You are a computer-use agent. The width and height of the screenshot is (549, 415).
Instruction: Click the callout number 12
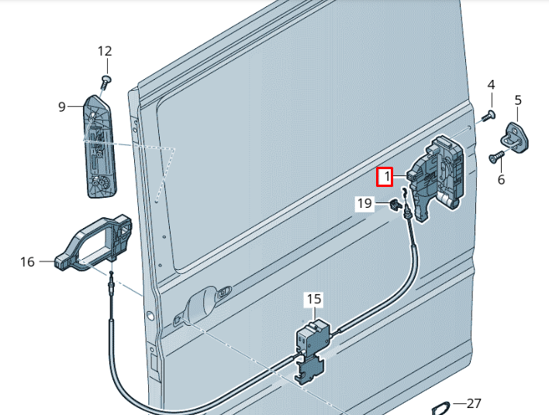pyautogui.click(x=105, y=51)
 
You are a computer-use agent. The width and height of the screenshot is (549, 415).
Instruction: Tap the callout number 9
pyautogui.click(x=63, y=107)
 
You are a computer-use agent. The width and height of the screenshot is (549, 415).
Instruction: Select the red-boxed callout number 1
pyautogui.click(x=386, y=178)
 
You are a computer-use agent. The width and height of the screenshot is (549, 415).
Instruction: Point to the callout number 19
pyautogui.click(x=364, y=203)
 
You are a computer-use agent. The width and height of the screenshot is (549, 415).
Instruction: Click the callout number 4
pyautogui.click(x=491, y=84)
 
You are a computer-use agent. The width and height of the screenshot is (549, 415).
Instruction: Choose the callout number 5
pyautogui.click(x=518, y=99)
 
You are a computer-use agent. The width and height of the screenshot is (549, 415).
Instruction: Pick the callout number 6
pyautogui.click(x=501, y=179)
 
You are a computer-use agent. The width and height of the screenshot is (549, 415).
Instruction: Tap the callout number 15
pyautogui.click(x=313, y=298)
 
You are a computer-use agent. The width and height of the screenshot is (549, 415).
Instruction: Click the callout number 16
pyautogui.click(x=28, y=262)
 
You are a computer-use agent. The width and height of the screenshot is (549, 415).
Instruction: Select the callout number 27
pyautogui.click(x=475, y=403)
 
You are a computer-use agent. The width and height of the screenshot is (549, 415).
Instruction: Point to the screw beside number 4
pyautogui.click(x=488, y=116)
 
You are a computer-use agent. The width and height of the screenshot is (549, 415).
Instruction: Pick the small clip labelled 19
pyautogui.click(x=395, y=206)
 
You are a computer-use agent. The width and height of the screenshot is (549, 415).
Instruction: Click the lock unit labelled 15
pyautogui.click(x=312, y=341)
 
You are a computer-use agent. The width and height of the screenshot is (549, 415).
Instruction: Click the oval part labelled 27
pyautogui.click(x=440, y=408)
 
